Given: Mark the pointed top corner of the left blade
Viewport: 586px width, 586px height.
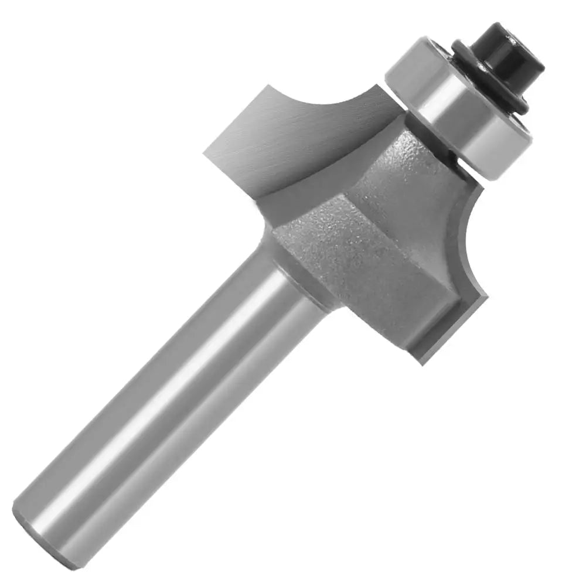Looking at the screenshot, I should click(267, 86).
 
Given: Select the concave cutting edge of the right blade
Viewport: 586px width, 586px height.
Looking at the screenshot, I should click(463, 234).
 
